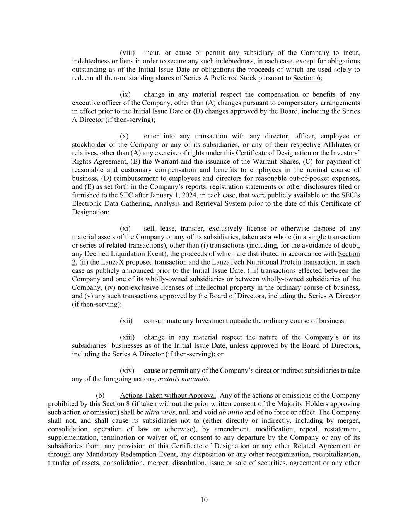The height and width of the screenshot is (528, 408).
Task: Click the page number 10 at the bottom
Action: [x=204, y=499]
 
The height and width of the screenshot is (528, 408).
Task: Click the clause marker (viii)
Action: [x=127, y=53]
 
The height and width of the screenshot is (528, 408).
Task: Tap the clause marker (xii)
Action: [x=126, y=321]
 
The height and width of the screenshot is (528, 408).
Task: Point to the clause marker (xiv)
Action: [x=126, y=371]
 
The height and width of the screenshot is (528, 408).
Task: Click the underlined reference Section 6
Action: [x=307, y=78]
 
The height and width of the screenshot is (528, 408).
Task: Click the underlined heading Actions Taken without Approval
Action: [x=168, y=395]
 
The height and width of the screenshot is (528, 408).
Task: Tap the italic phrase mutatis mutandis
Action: [x=183, y=379]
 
